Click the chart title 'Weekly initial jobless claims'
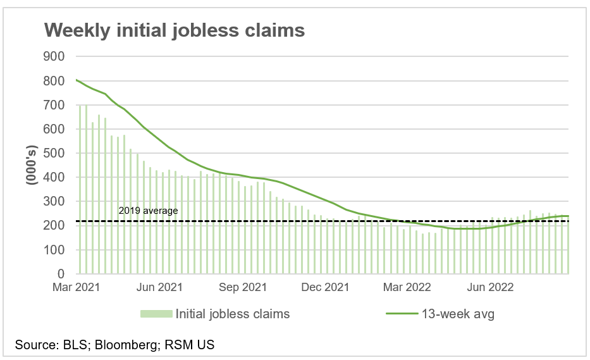(173, 30)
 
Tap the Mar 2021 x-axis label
(75, 288)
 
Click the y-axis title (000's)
(30, 166)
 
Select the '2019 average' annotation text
(149, 211)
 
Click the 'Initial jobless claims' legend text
(233, 314)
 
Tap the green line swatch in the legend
(402, 314)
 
